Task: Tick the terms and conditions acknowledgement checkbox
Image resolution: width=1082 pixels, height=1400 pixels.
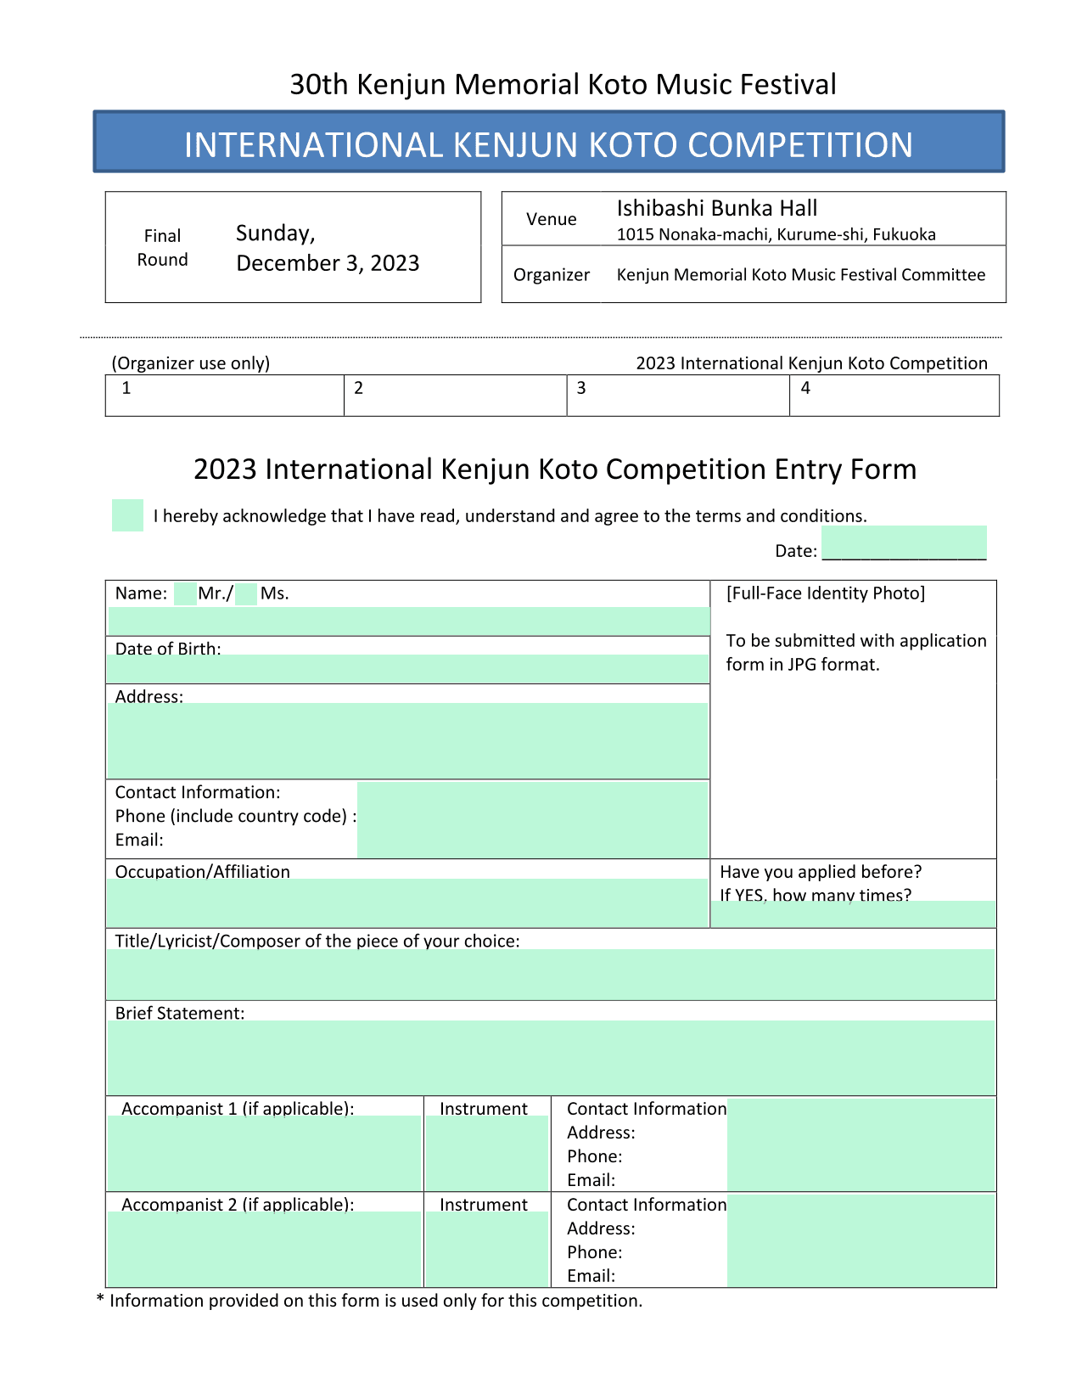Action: pos(127,515)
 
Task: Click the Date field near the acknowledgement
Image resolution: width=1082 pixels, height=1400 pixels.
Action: pos(904,543)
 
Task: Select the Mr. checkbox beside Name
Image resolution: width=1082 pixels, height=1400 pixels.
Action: pos(184,594)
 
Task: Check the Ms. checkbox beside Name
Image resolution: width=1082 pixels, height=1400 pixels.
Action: pos(246,594)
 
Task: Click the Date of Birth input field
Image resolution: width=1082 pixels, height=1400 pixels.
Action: pos(407,669)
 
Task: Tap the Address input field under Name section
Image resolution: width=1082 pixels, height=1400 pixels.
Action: pos(407,740)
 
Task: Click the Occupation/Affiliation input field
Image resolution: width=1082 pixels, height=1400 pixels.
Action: pos(407,902)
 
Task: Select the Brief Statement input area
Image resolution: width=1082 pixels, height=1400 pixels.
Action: pos(551,1058)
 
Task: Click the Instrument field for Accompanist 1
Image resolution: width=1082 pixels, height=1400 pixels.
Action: pos(486,1153)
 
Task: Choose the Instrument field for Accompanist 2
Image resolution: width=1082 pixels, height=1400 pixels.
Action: pos(486,1249)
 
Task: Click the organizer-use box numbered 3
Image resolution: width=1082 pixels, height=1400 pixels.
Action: pos(677,396)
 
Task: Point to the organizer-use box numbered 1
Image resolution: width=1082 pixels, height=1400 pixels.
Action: pos(224,396)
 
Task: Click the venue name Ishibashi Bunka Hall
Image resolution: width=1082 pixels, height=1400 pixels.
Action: pos(716,209)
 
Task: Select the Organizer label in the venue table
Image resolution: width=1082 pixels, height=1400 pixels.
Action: pos(551,275)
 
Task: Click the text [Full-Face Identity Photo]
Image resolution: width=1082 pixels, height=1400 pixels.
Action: pos(825,593)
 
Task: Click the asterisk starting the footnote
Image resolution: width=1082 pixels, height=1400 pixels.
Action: pos(100,1301)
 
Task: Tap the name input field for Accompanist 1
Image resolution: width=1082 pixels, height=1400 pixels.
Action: pos(264,1153)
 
